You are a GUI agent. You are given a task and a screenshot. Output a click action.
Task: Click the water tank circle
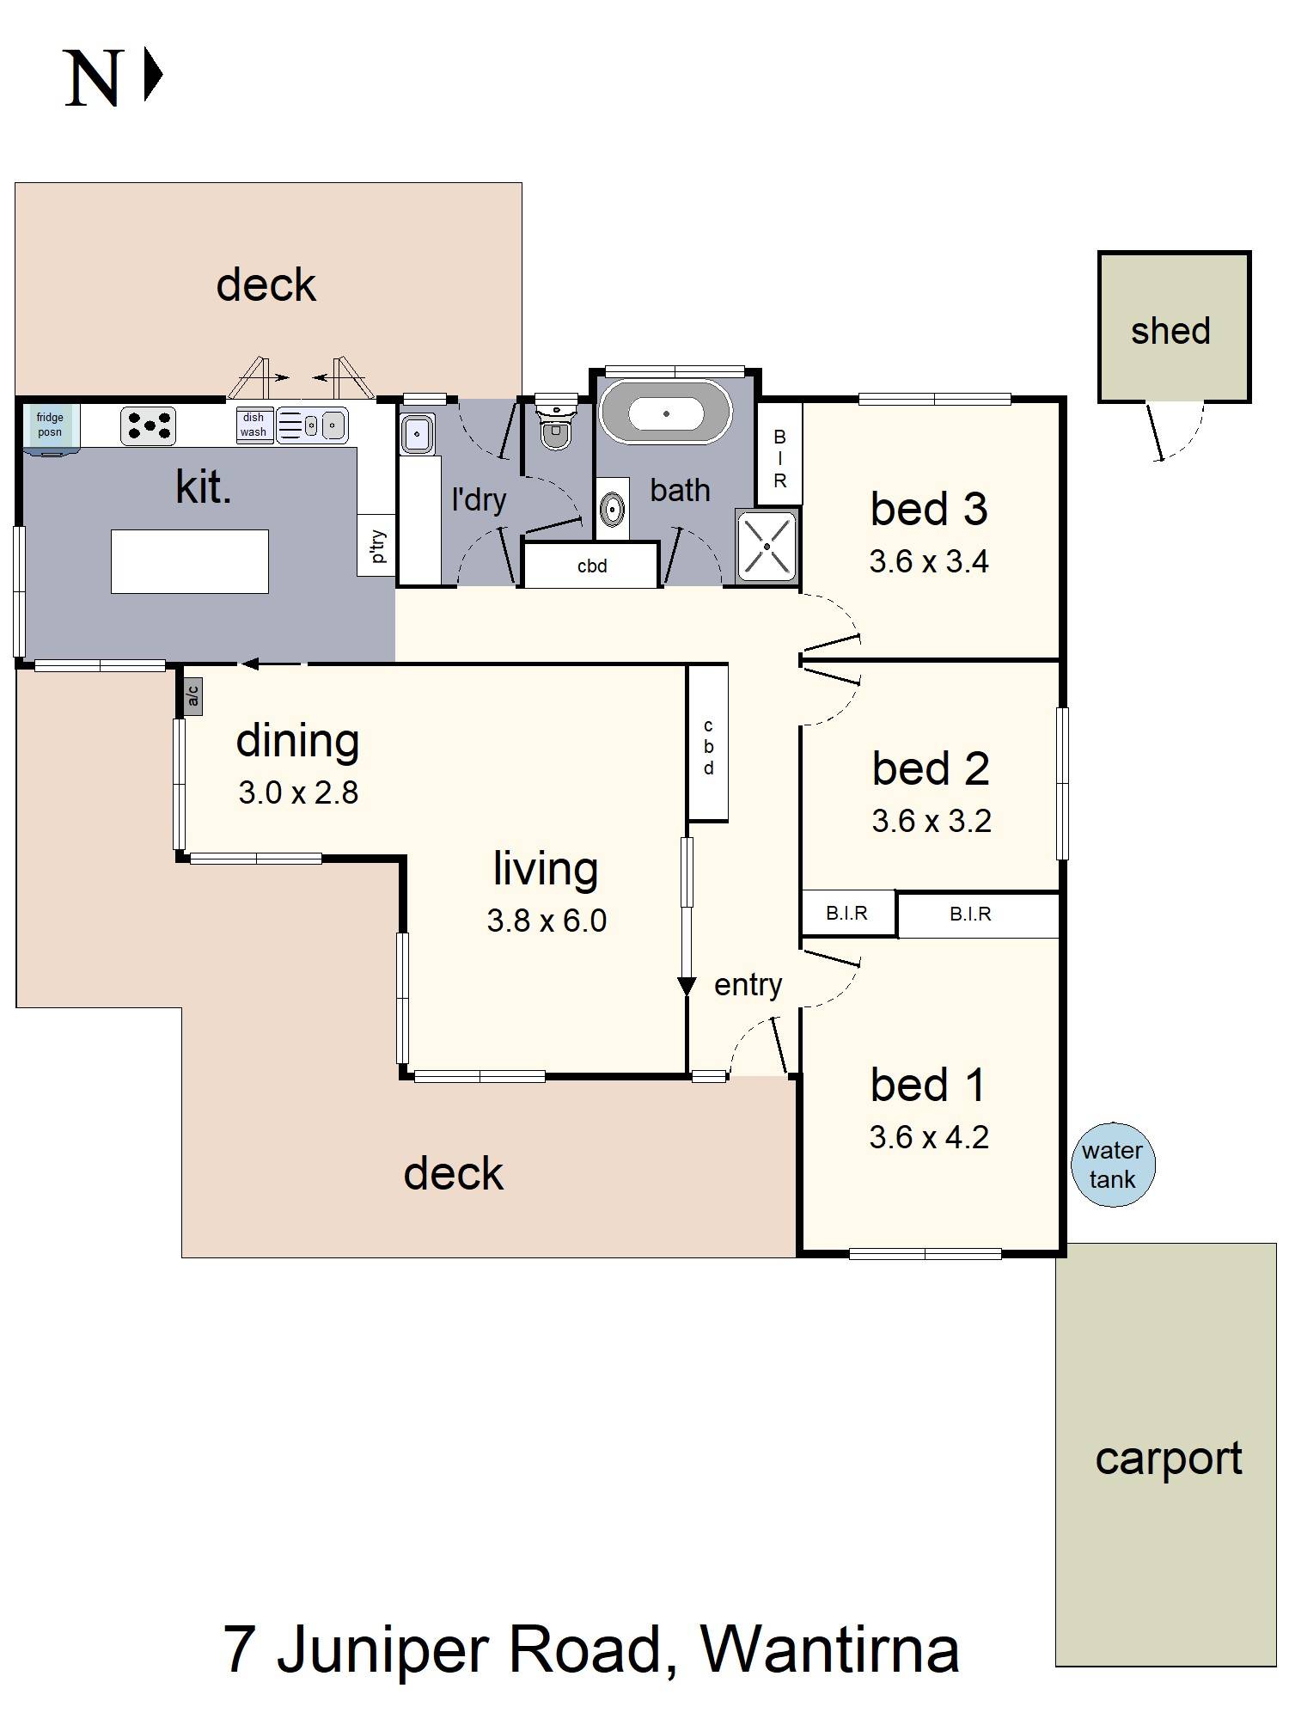coord(1113,1165)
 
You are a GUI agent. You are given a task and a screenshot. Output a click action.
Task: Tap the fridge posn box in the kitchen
coord(50,425)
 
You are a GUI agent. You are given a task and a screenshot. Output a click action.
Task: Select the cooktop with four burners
coord(148,425)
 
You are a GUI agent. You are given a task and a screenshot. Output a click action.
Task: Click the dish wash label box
coord(254,425)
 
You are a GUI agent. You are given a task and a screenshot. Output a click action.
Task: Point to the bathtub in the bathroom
coord(665,413)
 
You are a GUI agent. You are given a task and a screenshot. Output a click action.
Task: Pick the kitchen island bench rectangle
coord(190,561)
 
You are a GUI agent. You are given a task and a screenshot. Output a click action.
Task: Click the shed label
coord(1170,331)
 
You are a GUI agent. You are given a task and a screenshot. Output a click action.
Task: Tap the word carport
coord(1169,1459)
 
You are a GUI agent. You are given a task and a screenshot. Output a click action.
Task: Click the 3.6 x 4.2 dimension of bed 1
coord(929,1137)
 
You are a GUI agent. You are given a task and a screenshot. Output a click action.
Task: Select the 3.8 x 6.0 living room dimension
coord(547,921)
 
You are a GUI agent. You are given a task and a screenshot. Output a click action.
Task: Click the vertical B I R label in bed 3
coord(779,459)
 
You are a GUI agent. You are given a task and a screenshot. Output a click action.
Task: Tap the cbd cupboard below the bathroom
coord(592,566)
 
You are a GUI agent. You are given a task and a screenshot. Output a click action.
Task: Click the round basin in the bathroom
coord(612,509)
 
